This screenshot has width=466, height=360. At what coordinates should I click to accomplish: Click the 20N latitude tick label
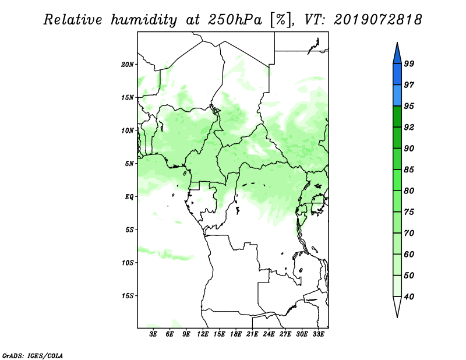tap(128, 65)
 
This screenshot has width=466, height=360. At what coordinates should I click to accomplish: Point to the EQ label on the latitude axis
tap(129, 197)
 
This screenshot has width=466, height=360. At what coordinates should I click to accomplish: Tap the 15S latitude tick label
tap(128, 296)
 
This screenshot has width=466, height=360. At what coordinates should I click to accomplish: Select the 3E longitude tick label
tap(153, 334)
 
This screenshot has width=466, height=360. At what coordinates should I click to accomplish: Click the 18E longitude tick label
tap(236, 334)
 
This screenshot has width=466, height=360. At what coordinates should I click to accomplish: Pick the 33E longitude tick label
tap(318, 334)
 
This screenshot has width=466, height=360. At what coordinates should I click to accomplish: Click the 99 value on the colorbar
tap(409, 63)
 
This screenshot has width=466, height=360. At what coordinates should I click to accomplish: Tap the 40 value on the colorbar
tap(409, 297)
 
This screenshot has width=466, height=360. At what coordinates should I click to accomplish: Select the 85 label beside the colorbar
tap(409, 170)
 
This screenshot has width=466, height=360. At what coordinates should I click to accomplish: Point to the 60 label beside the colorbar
tap(409, 255)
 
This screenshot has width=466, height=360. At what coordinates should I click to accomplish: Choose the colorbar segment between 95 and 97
tap(397, 96)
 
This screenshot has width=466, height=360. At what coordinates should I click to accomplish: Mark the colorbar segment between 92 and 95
tap(397, 117)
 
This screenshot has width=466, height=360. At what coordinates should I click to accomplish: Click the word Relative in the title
tap(73, 20)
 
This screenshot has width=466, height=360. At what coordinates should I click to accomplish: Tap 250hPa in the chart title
tap(235, 20)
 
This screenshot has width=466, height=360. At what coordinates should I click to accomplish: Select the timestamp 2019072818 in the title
tap(377, 20)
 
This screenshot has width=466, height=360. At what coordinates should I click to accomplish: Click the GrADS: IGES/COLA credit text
tap(33, 356)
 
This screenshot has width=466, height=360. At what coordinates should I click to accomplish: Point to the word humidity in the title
tap(144, 20)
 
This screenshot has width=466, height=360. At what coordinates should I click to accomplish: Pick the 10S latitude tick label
tap(128, 263)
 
